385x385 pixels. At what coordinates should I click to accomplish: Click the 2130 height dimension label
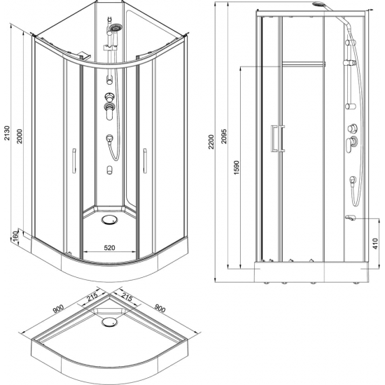coord(8,140)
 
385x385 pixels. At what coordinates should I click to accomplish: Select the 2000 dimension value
coord(21,140)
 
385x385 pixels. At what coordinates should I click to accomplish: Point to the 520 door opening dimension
coord(105,246)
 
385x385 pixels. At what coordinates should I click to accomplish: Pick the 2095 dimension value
coord(223,140)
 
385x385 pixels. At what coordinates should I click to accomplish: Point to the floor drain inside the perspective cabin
coord(108,218)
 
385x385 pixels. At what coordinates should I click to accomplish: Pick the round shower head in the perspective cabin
coord(115,29)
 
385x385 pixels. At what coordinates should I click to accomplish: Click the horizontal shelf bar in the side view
coord(304,64)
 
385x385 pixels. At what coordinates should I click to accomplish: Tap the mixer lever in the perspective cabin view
coord(108,107)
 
